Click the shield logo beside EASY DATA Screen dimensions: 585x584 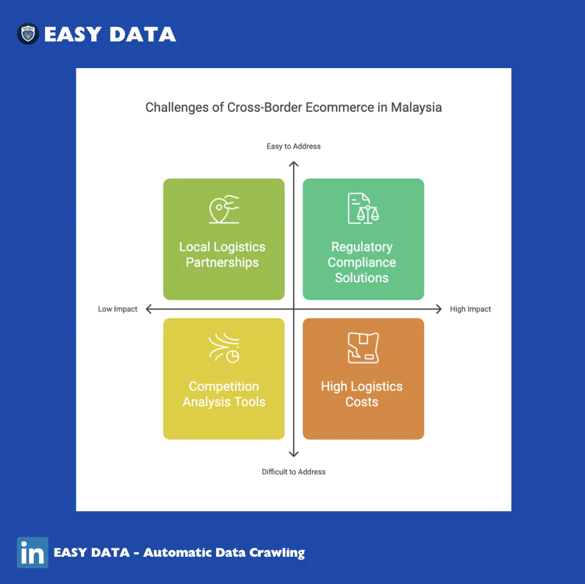click(x=28, y=34)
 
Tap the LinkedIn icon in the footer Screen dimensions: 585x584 click(x=33, y=552)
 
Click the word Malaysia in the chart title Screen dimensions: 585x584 click(x=416, y=107)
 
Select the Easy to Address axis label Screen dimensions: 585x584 click(x=294, y=146)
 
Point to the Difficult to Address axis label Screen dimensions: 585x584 click(x=294, y=471)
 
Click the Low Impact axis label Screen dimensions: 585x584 click(x=117, y=309)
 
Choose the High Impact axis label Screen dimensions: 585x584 click(x=470, y=309)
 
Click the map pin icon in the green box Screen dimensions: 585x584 click(x=224, y=209)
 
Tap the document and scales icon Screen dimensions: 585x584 click(x=363, y=208)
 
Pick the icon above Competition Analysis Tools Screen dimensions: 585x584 click(x=224, y=348)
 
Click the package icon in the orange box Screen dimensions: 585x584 click(x=363, y=348)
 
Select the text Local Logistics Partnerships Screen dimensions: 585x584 click(x=223, y=255)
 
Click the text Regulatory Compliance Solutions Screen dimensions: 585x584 click(x=362, y=262)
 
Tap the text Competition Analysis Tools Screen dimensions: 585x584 click(x=224, y=394)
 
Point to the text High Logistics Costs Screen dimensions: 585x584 click(x=362, y=394)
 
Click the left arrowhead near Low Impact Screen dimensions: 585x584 click(x=147, y=309)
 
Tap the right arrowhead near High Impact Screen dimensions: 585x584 click(x=441, y=309)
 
